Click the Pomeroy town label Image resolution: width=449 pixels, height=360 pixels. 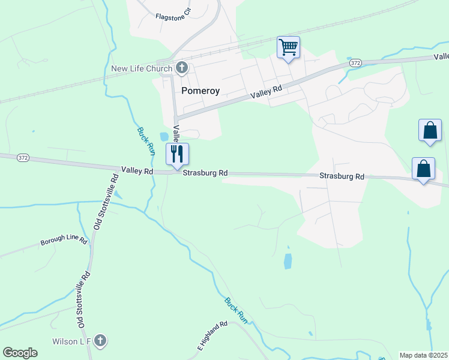tap(200, 91)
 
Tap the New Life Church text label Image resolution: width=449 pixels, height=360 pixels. tap(142, 68)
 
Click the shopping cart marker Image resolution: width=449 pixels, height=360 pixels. tap(288, 47)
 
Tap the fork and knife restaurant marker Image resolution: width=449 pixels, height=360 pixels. tap(177, 154)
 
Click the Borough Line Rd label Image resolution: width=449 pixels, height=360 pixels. tap(64, 242)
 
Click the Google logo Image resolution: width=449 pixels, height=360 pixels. tap(20, 353)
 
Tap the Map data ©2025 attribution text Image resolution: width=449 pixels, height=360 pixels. tap(423, 355)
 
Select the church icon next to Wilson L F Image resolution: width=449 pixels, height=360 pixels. tap(100, 341)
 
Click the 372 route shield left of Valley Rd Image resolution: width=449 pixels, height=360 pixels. tap(23, 157)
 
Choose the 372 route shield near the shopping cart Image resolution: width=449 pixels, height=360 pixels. tap(355, 62)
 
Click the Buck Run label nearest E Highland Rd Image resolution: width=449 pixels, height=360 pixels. tap(236, 310)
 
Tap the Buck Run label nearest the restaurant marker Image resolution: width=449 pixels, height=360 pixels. tap(146, 141)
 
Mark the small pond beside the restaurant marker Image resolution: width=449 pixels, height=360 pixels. tap(164, 136)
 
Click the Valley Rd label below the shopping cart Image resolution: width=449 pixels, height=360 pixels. tap(267, 91)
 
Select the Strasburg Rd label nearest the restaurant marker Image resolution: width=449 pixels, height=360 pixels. tap(205, 173)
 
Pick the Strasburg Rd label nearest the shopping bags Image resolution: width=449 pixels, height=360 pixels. tap(342, 176)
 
